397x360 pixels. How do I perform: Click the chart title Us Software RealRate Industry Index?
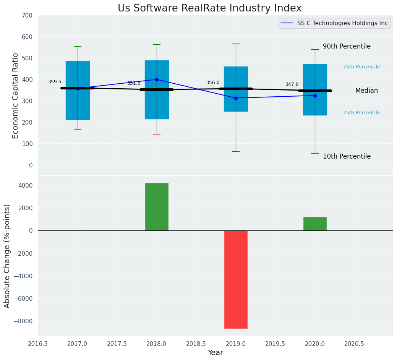(x=209, y=8)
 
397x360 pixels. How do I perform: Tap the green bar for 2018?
(x=157, y=207)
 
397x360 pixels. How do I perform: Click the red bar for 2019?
(x=236, y=279)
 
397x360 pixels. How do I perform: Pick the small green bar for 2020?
(x=315, y=224)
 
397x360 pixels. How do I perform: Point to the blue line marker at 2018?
(x=157, y=79)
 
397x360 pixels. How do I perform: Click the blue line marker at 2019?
(x=236, y=98)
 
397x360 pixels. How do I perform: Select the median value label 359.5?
(x=55, y=82)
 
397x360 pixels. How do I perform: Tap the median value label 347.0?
(x=292, y=84)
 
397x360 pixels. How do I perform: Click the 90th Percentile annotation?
(x=347, y=46)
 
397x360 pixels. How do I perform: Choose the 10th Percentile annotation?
(x=347, y=156)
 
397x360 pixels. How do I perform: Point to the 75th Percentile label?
(x=361, y=67)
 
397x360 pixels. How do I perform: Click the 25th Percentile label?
(x=361, y=113)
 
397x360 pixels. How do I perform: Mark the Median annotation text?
(x=366, y=91)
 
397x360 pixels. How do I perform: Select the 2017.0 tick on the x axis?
(x=78, y=343)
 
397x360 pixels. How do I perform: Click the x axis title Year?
(x=216, y=353)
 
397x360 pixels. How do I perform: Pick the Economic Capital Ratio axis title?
(x=16, y=96)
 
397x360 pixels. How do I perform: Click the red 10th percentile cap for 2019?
(x=236, y=151)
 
